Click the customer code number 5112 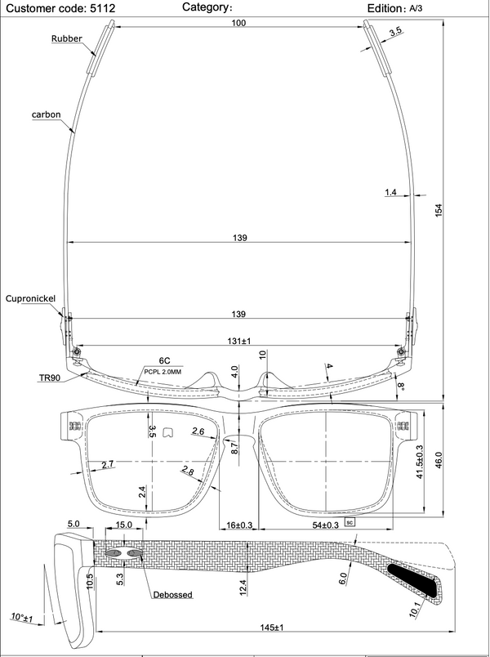tap(103, 8)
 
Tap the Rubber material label tap(67, 38)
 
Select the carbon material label tap(46, 114)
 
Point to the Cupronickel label tap(30, 298)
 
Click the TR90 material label tap(50, 378)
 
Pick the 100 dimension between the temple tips tap(238, 23)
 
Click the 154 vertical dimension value tap(439, 210)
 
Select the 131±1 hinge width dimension tap(238, 342)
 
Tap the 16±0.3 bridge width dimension tap(239, 525)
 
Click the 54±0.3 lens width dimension tap(325, 525)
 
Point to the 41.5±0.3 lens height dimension tap(420, 462)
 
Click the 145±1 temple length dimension tap(271, 628)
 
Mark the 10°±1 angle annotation tap(22, 617)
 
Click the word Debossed tap(172, 595)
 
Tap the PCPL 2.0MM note tap(163, 372)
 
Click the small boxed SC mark tap(350, 522)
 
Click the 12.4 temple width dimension tap(243, 586)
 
